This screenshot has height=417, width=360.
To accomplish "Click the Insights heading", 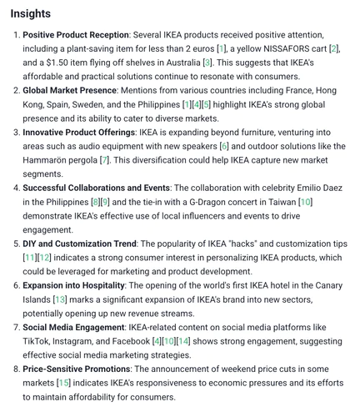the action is pyautogui.click(x=31, y=14).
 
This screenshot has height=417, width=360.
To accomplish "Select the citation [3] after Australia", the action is pyautogui.click(x=207, y=63).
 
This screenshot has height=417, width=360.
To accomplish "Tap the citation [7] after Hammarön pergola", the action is pyautogui.click(x=127, y=159).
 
